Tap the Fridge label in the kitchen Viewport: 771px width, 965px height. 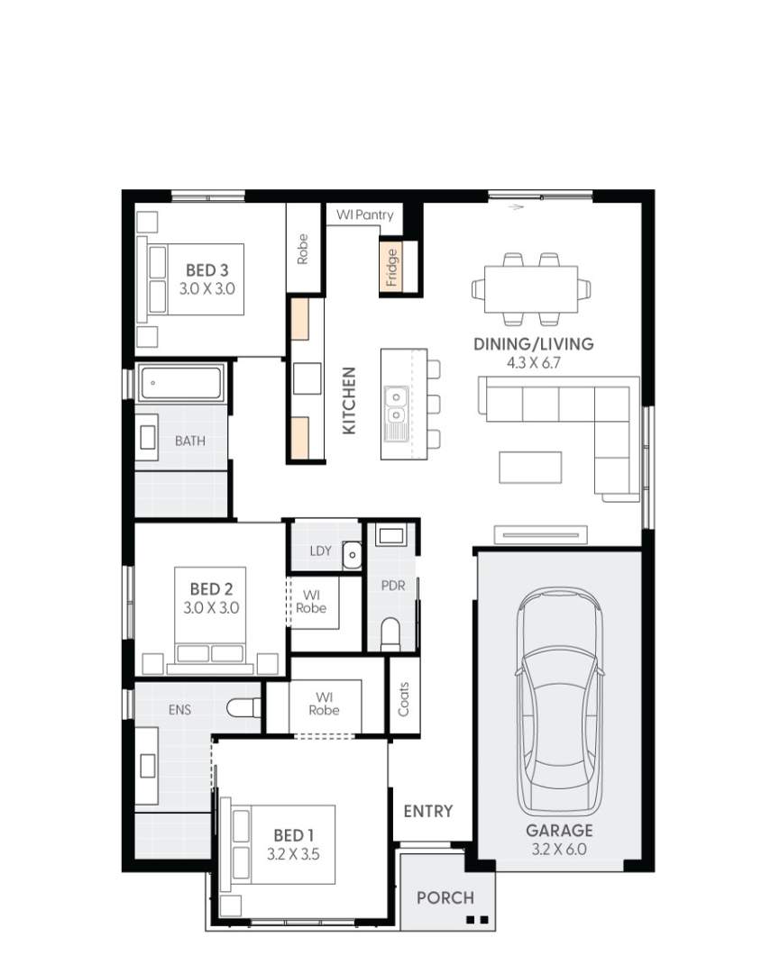(x=391, y=267)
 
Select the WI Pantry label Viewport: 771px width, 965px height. (x=365, y=215)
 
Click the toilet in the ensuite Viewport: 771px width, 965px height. (x=243, y=709)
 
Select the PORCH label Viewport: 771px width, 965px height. (x=445, y=897)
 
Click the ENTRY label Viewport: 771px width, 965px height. (x=427, y=811)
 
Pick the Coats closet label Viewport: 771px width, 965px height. (x=403, y=698)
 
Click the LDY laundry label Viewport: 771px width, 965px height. (x=319, y=551)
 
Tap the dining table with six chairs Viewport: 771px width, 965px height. (x=530, y=289)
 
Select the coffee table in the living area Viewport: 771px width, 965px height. (x=530, y=467)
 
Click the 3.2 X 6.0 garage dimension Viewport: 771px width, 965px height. (x=559, y=848)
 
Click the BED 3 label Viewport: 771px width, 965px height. (x=207, y=269)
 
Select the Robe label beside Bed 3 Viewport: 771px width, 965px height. (x=303, y=249)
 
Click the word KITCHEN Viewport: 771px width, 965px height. (x=350, y=400)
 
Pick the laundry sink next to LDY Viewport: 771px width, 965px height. (x=351, y=556)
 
